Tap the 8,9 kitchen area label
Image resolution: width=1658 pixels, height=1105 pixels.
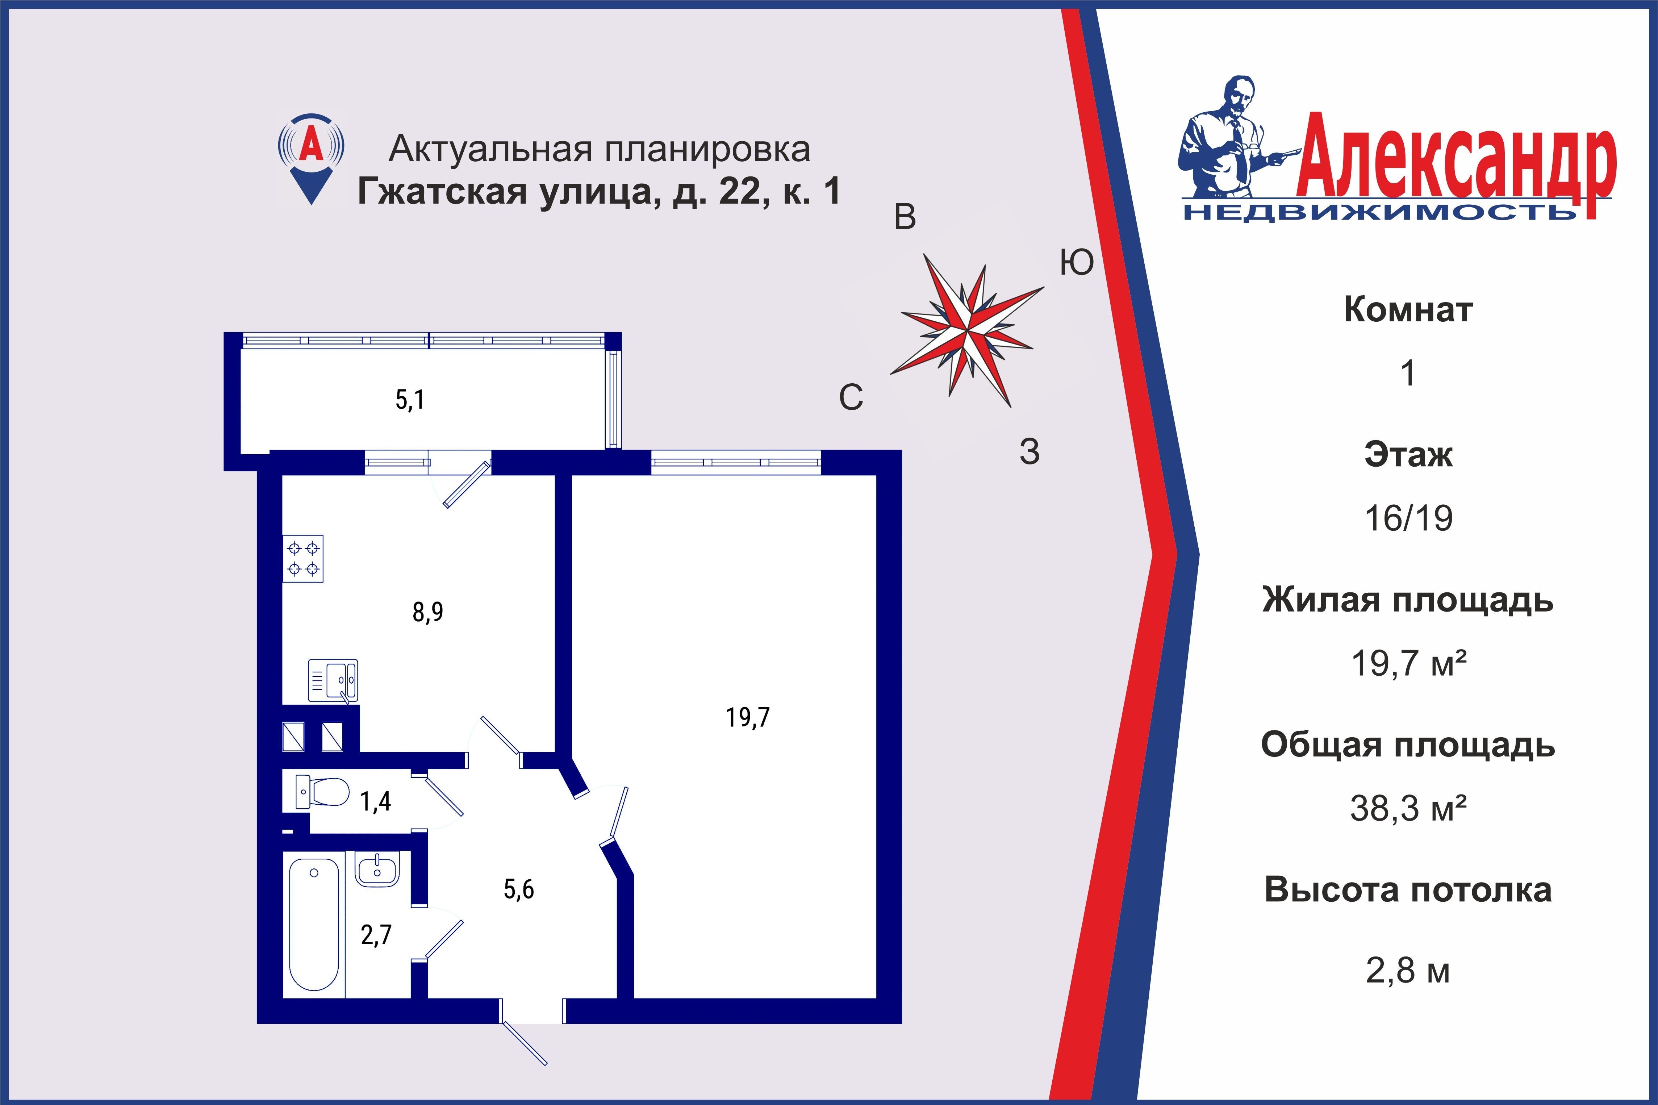pos(428,612)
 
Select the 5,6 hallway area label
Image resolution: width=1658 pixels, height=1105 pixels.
pos(519,889)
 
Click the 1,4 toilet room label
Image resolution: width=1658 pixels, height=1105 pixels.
pos(376,801)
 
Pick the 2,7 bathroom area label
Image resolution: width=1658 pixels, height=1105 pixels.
pos(376,935)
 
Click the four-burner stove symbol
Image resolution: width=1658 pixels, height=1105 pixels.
pos(303,558)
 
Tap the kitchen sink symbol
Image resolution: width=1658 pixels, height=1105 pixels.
pos(333,681)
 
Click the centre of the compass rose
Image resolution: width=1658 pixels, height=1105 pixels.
pos(967,328)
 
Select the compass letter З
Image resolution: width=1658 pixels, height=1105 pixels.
pos(1030,452)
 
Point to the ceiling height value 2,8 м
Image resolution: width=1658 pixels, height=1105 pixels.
pos(1408,971)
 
